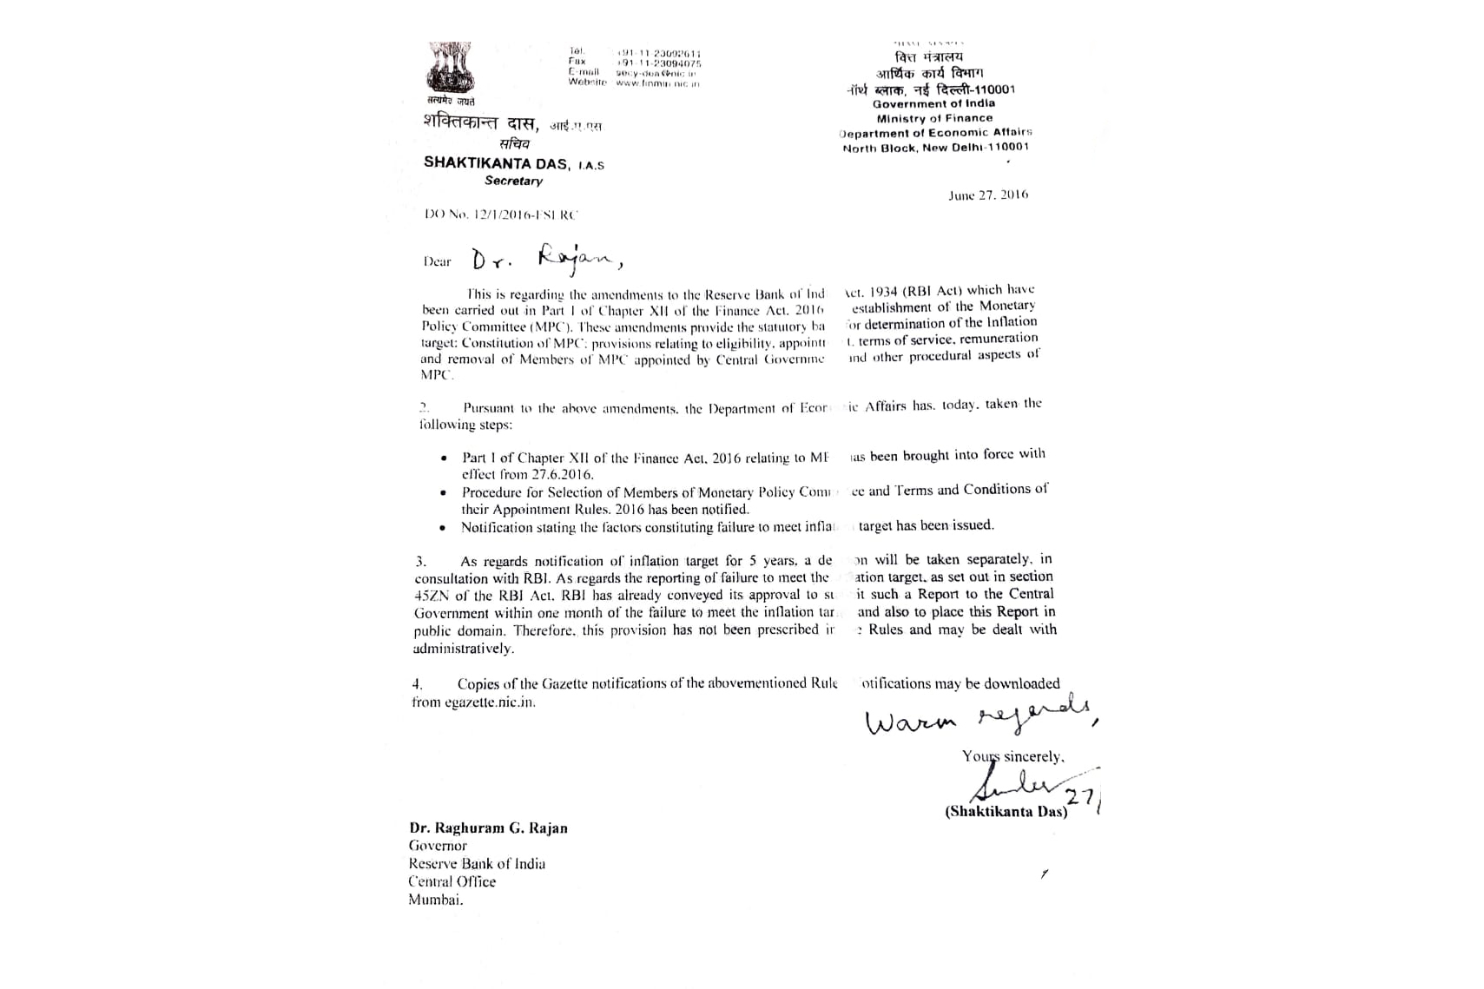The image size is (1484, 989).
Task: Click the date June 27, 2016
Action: [988, 195]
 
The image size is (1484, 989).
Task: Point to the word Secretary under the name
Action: [513, 181]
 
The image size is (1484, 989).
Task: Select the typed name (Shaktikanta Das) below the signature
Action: [1006, 812]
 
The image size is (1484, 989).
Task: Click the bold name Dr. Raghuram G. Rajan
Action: [488, 827]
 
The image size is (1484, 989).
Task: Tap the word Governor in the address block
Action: [438, 846]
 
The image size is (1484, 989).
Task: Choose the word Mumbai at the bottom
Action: [436, 900]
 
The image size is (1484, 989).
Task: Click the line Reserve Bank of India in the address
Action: [477, 863]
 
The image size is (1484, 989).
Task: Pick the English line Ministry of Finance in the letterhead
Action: [934, 118]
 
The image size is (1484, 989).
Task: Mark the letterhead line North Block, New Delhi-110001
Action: [935, 148]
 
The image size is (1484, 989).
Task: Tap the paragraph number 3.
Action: [420, 562]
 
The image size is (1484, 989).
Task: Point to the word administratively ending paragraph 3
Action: [464, 649]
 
